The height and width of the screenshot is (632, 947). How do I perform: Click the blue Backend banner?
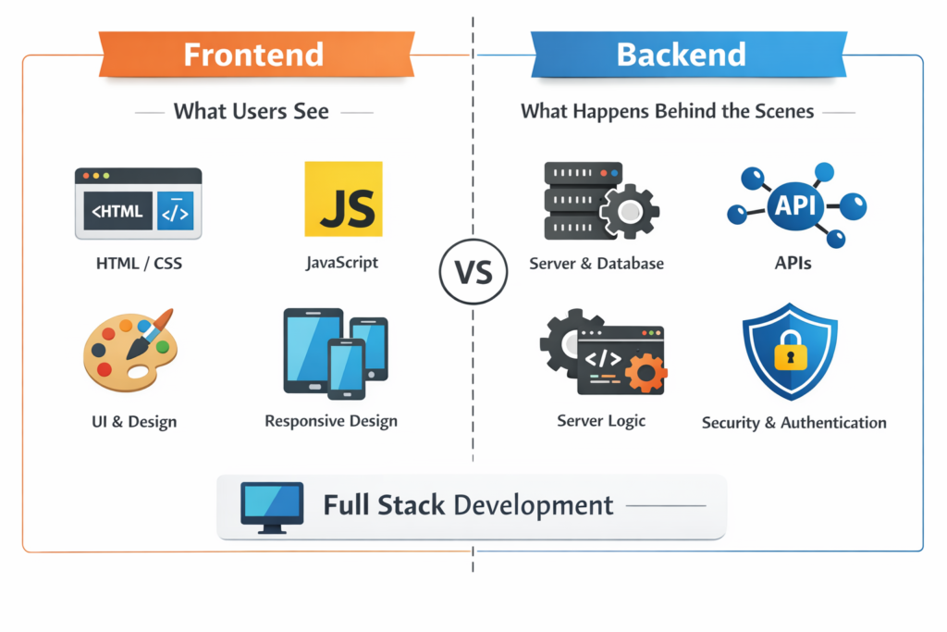(682, 55)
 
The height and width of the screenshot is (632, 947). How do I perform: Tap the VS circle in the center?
(473, 273)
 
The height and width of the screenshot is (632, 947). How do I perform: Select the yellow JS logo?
(343, 199)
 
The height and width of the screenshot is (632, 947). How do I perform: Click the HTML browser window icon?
(138, 204)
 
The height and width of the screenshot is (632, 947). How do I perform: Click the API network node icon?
(795, 205)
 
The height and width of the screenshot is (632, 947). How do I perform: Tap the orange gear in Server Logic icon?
(646, 372)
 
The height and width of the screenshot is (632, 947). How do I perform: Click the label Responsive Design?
(331, 421)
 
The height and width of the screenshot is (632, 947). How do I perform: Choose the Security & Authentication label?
(793, 423)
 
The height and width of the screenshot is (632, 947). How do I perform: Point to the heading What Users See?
(252, 112)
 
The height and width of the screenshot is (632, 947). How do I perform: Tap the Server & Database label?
(596, 264)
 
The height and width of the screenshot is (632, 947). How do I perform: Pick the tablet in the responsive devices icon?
(311, 349)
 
